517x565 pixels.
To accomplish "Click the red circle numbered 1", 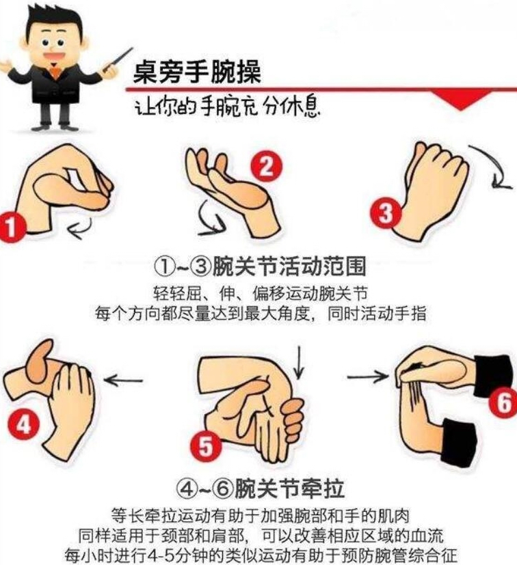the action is pos(11,227).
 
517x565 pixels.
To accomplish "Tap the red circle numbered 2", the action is pos(267,166).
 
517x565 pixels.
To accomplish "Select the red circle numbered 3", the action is pos(386,212).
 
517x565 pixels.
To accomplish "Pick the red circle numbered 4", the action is pos(23,424).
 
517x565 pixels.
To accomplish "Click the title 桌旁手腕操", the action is pos(197,72).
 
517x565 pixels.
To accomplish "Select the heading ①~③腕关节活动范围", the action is pos(260,266).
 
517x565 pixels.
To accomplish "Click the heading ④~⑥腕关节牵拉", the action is pos(260,488).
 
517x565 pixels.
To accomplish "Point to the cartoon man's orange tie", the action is pos(54,72).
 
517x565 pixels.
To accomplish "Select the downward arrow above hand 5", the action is pos(299,362).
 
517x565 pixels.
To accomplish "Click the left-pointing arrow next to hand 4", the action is pos(123,380).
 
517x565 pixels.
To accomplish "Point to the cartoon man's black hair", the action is pos(54,23).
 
